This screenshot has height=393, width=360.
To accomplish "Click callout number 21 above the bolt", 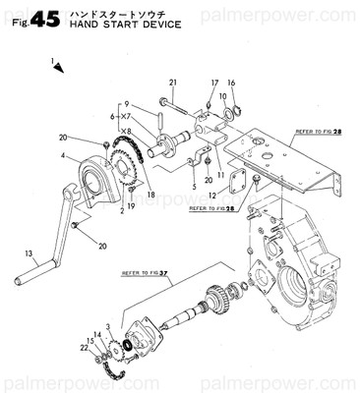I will pyautogui.click(x=172, y=81).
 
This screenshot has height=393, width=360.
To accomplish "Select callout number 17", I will pyautogui.click(x=213, y=84).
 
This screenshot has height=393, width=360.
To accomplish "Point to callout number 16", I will pyautogui.click(x=231, y=84).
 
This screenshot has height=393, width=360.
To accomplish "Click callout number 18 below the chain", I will pyautogui.click(x=150, y=196).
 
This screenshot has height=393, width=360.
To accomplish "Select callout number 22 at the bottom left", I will pyautogui.click(x=86, y=347).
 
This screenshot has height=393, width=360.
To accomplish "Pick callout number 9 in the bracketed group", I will pyautogui.click(x=126, y=103).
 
